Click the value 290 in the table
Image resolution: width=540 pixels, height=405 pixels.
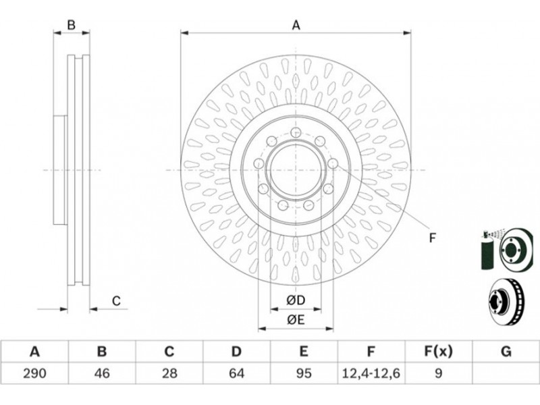pos(34,373)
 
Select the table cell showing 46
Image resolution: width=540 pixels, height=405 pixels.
pos(102,373)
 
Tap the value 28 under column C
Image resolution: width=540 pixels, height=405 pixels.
pos(169,373)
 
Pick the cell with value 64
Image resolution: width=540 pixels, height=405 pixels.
pos(237,373)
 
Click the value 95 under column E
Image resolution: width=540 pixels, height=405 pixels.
pos(304,373)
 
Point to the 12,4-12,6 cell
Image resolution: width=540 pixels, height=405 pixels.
pos(371,373)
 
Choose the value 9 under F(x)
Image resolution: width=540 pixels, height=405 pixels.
pos(438,373)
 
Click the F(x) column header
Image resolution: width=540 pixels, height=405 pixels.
pos(438,352)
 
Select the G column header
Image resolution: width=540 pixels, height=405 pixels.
pos(506,352)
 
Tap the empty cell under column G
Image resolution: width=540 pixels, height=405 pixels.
pos(506,373)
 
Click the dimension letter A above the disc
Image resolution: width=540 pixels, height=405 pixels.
pos(296,25)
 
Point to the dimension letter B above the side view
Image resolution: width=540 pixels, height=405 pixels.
pos(71,25)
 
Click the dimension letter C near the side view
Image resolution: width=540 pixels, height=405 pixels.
pos(116,301)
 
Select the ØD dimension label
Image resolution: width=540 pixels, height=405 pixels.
pos(296,300)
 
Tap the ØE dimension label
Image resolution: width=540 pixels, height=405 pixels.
pos(296,320)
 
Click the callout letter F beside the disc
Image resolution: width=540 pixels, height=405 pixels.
pos(433,238)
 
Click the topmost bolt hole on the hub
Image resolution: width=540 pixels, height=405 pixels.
pos(296,132)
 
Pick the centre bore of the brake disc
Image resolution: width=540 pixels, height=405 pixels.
pos(296,171)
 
